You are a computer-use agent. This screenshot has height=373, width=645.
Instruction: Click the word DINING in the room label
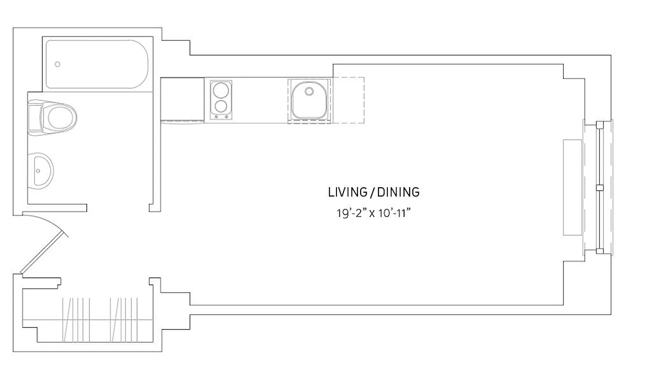click(398, 192)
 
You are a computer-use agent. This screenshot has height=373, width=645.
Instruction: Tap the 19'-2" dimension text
click(349, 214)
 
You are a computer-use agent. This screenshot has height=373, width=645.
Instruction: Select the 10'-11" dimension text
click(396, 214)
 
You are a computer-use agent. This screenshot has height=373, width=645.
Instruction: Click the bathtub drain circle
click(58, 64)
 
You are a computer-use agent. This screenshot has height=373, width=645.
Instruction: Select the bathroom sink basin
click(43, 170)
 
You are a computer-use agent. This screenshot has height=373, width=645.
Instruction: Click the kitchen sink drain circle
click(309, 90)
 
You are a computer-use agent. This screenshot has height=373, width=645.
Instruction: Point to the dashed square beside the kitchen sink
click(348, 100)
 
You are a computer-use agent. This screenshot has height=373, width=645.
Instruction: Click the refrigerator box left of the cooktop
click(182, 99)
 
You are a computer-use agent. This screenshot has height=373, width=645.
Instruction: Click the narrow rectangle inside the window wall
click(572, 187)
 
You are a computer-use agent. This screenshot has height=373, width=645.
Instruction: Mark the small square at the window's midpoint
click(600, 187)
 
